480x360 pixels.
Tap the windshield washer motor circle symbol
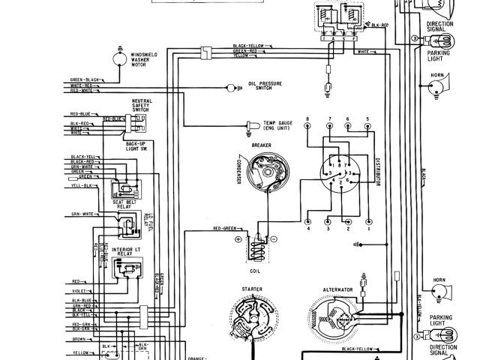click(x=118, y=55)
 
